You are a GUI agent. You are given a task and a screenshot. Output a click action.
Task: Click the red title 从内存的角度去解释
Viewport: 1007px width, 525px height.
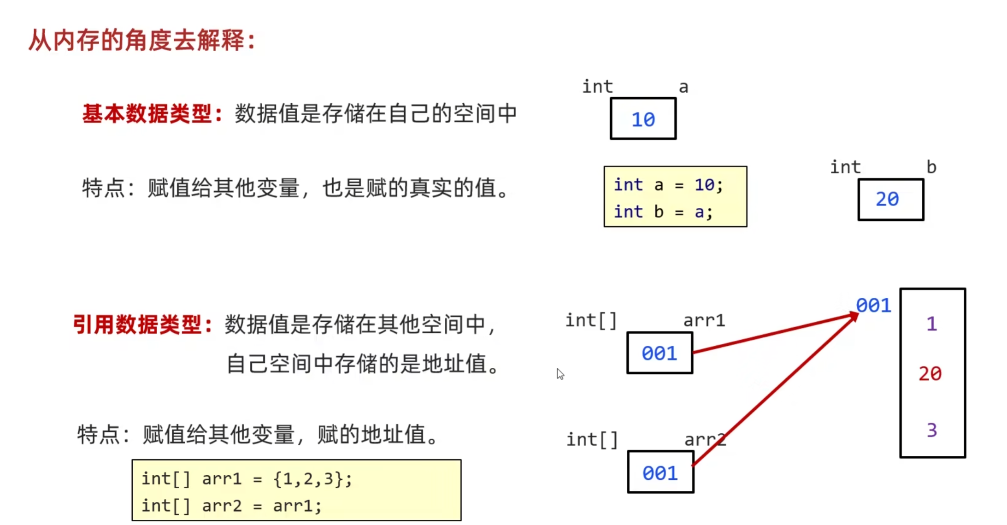click(x=141, y=41)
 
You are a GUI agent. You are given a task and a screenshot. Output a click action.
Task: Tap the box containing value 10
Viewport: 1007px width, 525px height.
click(x=643, y=119)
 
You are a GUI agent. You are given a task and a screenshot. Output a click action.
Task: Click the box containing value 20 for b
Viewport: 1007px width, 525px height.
click(x=890, y=200)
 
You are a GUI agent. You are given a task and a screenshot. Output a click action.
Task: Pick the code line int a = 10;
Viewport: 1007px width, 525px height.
click(x=668, y=185)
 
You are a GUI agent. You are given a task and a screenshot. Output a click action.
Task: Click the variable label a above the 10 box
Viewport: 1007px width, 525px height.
click(x=683, y=87)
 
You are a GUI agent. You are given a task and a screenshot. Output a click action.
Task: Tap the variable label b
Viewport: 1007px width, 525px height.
click(x=931, y=167)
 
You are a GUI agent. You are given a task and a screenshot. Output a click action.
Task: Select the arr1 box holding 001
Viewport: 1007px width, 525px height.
click(x=660, y=353)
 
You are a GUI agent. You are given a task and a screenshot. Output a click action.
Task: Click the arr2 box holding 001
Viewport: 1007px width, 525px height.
click(x=660, y=473)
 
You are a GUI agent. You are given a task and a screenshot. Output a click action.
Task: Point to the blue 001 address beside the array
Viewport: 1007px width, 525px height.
click(x=873, y=306)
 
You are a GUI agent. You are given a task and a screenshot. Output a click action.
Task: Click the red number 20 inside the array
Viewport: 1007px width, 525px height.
click(x=930, y=373)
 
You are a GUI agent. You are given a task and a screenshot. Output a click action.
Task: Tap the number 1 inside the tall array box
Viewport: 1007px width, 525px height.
click(x=931, y=324)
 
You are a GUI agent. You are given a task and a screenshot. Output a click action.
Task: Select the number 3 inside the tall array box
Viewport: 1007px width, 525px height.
click(x=931, y=430)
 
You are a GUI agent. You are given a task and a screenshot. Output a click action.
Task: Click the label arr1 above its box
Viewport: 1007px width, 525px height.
click(x=704, y=320)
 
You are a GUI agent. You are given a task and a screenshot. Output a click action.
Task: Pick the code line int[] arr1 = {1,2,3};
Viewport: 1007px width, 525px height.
click(x=247, y=479)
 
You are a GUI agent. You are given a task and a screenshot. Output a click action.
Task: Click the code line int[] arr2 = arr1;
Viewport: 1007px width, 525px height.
click(x=231, y=506)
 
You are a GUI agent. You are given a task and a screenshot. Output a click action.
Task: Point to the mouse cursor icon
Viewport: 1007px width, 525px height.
click(x=560, y=374)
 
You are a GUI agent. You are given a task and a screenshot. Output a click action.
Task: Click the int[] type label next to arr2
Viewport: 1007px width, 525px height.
click(x=592, y=440)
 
